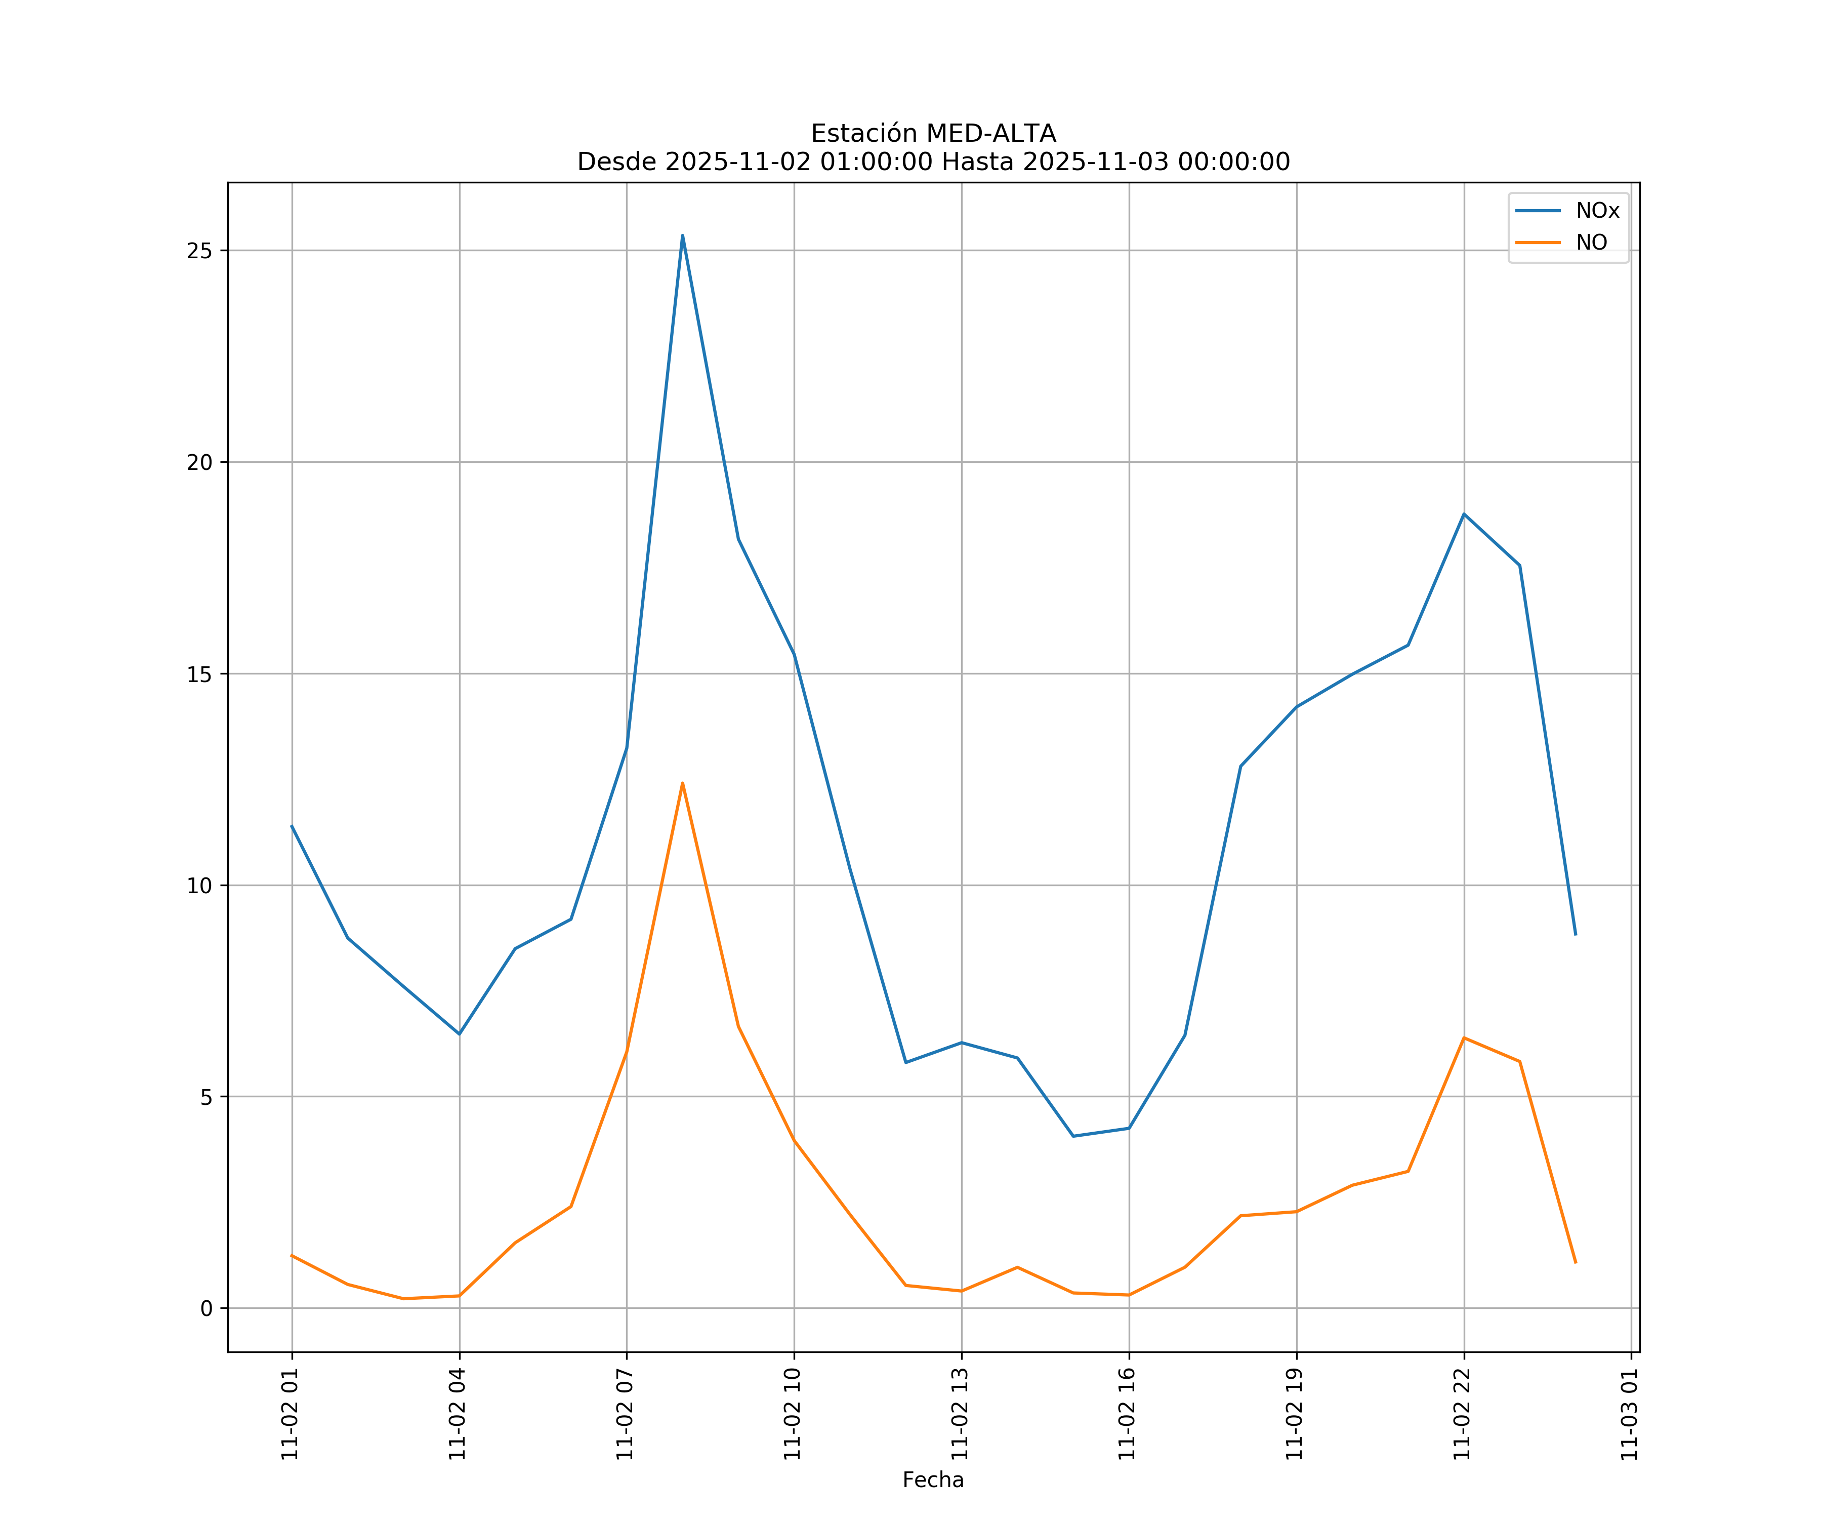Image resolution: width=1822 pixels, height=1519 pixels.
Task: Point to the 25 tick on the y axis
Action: [x=199, y=251]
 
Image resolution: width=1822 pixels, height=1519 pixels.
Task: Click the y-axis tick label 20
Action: [x=199, y=462]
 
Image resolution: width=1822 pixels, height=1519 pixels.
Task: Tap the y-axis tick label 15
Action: [x=199, y=673]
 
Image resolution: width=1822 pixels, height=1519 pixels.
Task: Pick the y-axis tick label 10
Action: [x=199, y=886]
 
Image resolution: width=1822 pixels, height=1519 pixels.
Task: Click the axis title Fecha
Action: [x=933, y=1480]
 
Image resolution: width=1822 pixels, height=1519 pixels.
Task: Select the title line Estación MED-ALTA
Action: [x=933, y=134]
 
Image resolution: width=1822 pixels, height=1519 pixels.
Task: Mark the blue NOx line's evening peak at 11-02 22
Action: [x=1464, y=514]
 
